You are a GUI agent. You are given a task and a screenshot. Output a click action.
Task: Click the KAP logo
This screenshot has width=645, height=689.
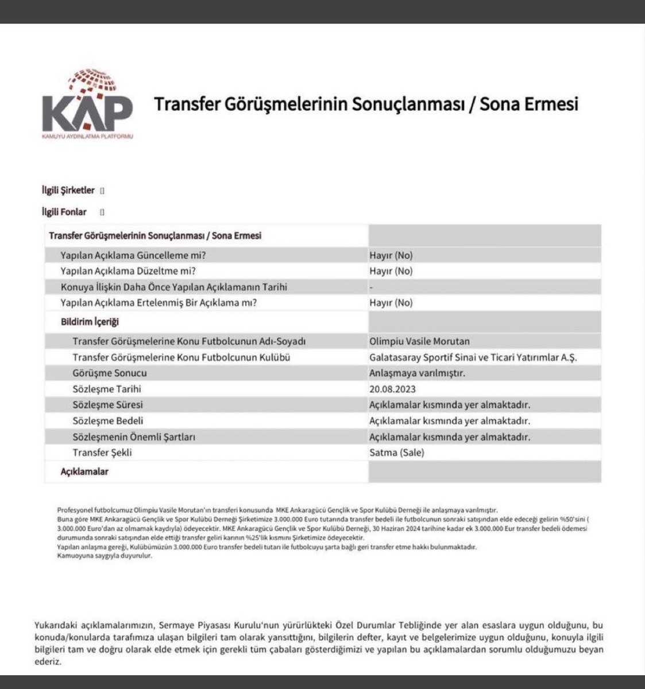pyautogui.click(x=87, y=106)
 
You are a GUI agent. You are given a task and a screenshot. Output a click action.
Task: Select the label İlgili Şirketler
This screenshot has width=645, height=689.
pyautogui.click(x=68, y=190)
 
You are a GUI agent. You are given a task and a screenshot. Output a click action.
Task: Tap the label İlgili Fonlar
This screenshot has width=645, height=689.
pyautogui.click(x=64, y=212)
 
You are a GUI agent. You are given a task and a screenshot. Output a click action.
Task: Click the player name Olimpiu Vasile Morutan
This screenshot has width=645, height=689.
pyautogui.click(x=419, y=341)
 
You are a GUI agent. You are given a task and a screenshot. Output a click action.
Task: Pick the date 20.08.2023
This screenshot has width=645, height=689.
pyautogui.click(x=392, y=389)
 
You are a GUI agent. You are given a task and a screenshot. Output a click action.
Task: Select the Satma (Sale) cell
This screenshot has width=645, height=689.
pyautogui.click(x=396, y=452)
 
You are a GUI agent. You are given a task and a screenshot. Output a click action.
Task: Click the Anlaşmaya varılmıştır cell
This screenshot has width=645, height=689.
pyautogui.click(x=417, y=373)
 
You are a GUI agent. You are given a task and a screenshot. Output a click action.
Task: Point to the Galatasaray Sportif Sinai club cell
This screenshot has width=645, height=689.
pyautogui.click(x=473, y=357)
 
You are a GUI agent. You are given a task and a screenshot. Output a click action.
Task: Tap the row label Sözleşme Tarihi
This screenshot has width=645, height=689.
pyautogui.click(x=107, y=389)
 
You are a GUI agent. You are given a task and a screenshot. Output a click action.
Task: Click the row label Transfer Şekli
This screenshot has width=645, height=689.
pyautogui.click(x=102, y=452)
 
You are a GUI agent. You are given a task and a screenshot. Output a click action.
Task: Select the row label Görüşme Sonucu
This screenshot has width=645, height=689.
pyautogui.click(x=110, y=373)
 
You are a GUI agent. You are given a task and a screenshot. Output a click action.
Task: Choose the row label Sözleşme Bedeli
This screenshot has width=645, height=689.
pyautogui.click(x=108, y=420)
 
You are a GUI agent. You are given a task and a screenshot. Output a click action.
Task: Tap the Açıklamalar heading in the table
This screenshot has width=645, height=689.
pyautogui.click(x=84, y=471)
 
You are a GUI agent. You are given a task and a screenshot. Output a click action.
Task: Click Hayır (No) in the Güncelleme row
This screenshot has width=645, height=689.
pyautogui.click(x=391, y=255)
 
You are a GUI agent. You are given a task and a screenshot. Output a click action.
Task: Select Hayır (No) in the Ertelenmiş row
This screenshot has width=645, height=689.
pyautogui.click(x=391, y=303)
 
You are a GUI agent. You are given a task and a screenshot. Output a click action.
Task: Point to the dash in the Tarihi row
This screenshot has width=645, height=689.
pyautogui.click(x=372, y=287)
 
